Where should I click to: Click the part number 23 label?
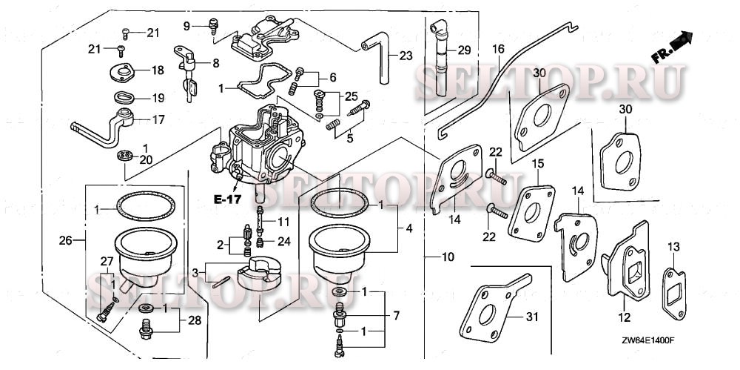(405, 56)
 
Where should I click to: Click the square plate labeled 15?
(531, 211)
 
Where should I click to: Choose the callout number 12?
(624, 317)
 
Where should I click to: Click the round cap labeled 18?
(121, 72)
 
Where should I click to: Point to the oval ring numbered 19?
(123, 97)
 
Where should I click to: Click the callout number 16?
(498, 49)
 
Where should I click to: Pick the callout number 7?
(395, 317)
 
